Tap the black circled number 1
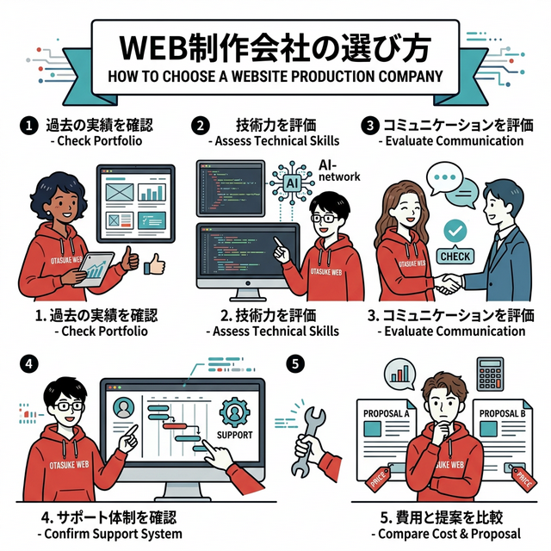[x=28, y=126]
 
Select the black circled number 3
[x=370, y=126]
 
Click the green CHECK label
[x=454, y=256]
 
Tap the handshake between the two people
[x=446, y=282]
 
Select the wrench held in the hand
[x=310, y=435]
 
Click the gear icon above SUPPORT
[x=235, y=410]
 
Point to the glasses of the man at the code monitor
[x=324, y=219]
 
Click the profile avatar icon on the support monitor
[x=123, y=405]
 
